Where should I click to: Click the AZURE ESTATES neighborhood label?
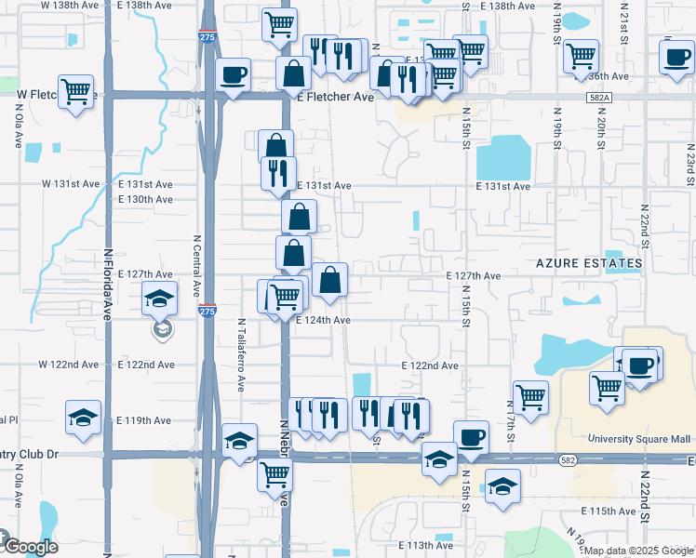pos(589,264)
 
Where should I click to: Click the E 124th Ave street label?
pos(322,320)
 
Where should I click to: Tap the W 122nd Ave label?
pos(69,365)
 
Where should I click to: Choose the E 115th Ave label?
pos(609,511)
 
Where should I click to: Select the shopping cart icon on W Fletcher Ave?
pos(76,91)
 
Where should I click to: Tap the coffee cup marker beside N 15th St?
pos(470,436)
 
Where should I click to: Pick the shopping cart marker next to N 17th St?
pos(530,396)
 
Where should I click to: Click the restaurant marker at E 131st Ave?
pos(278,173)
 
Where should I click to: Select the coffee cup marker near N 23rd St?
pos(676,57)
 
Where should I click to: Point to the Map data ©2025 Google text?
pos(631,551)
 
